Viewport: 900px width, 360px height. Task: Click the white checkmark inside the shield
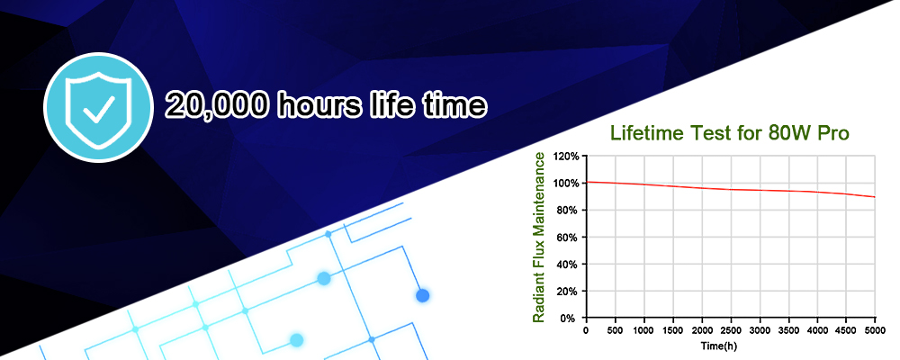pos(97,110)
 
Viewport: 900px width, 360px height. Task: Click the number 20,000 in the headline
pos(216,105)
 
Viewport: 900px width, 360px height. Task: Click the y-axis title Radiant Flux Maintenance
pos(538,237)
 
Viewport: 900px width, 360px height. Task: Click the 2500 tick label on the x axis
pos(730,330)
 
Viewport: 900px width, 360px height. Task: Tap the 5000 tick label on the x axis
pos(875,330)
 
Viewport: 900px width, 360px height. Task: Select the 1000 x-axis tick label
pos(643,330)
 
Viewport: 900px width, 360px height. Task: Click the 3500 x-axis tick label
pos(788,330)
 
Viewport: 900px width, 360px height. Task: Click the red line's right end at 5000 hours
pos(875,197)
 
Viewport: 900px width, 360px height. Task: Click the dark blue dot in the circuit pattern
pos(422,296)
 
